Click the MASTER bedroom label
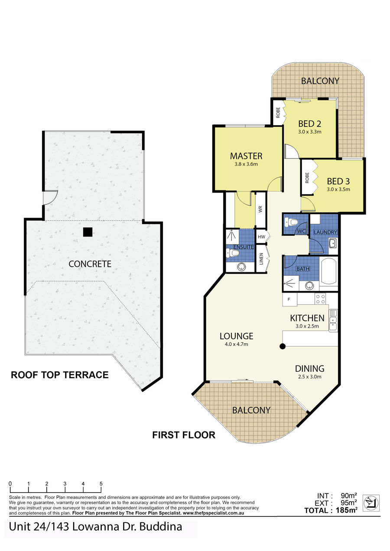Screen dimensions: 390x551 click(246, 156)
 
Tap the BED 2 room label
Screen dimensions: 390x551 click(309, 123)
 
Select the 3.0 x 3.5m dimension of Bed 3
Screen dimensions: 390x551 click(338, 190)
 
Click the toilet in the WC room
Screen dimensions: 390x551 click(290, 222)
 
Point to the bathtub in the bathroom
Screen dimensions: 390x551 click(329, 271)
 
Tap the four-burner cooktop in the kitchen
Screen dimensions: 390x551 click(320, 299)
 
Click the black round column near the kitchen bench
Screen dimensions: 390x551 click(283, 346)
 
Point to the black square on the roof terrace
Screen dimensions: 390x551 click(88, 232)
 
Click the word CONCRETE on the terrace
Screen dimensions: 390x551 click(90, 264)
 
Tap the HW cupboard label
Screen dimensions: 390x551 click(261, 237)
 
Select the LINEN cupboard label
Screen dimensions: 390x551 click(261, 259)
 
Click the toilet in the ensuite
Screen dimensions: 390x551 click(233, 253)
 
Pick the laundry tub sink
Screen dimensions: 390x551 click(333, 243)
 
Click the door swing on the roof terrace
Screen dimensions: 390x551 click(51, 197)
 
